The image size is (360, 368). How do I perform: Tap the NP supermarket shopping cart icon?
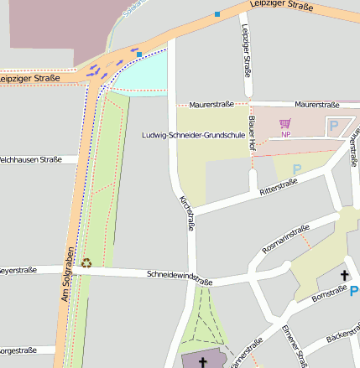pos(285,124)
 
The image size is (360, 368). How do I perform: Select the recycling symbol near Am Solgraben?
pos(86,263)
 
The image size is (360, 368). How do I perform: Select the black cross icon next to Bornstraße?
pos(343,275)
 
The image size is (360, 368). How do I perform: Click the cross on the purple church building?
pos(202,361)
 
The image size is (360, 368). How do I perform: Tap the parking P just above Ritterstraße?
pos(295,168)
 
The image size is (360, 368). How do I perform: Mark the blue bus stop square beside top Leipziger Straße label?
pos(217,13)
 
